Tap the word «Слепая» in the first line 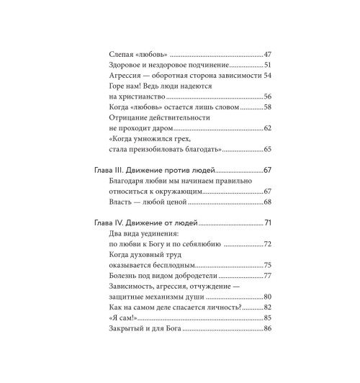tap(122, 55)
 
